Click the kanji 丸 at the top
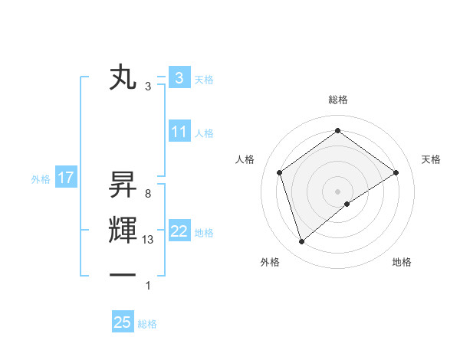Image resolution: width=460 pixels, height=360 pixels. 123,79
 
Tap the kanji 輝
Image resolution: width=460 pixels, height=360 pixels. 123,231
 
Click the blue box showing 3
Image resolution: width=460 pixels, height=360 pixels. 179,78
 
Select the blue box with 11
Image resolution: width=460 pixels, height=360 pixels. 179,132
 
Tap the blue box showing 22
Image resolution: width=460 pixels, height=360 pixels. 179,231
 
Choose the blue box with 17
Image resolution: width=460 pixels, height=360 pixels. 66,178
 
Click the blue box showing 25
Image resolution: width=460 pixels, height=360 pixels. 123,322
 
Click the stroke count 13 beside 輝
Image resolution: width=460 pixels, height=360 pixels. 148,240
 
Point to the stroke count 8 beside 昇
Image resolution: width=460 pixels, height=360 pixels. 147,194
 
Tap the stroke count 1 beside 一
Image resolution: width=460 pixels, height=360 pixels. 148,286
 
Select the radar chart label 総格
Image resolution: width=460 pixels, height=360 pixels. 337,100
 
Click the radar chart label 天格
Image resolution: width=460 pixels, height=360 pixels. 431,159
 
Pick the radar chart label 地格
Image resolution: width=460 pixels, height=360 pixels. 402,262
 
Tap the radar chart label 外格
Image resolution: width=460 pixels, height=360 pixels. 270,262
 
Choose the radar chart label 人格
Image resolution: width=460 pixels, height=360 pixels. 245,159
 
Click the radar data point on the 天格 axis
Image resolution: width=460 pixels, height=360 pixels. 396,172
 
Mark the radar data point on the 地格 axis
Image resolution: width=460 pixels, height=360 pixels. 347,204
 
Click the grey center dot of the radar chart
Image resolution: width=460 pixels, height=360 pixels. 337,191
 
